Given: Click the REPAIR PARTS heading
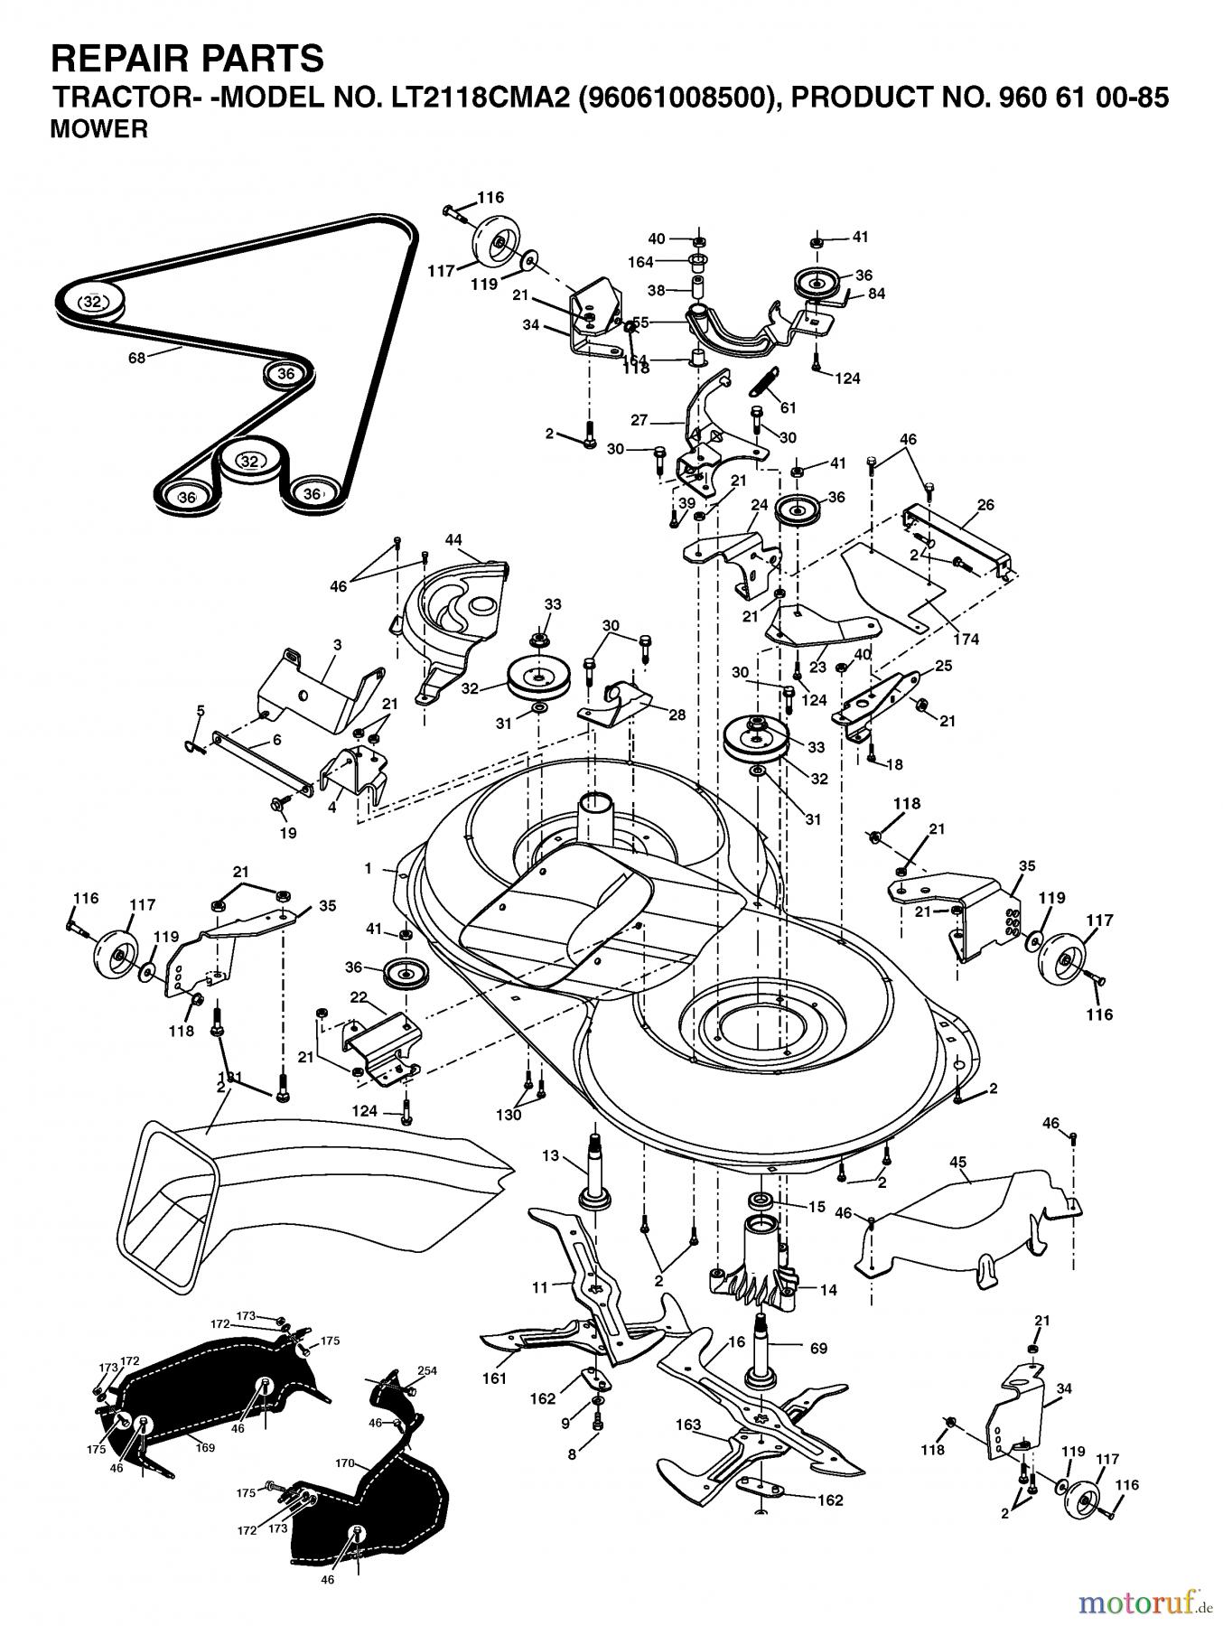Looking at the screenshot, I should tap(187, 58).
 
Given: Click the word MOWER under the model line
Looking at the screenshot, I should tap(99, 130).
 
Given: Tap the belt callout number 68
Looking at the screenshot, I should tap(135, 357).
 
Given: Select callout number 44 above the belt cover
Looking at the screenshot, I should tap(453, 540).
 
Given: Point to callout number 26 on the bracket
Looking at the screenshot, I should tap(985, 505).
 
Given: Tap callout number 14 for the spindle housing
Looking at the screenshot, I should tap(828, 1290).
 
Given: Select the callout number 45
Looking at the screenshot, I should tap(957, 1160).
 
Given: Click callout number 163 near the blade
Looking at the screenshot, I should tap(688, 1425).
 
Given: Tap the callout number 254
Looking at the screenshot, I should tap(428, 1370).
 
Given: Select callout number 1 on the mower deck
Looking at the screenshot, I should tap(368, 868).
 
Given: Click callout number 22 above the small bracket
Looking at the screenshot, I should tap(359, 996).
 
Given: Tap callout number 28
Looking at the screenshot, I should tap(677, 715).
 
